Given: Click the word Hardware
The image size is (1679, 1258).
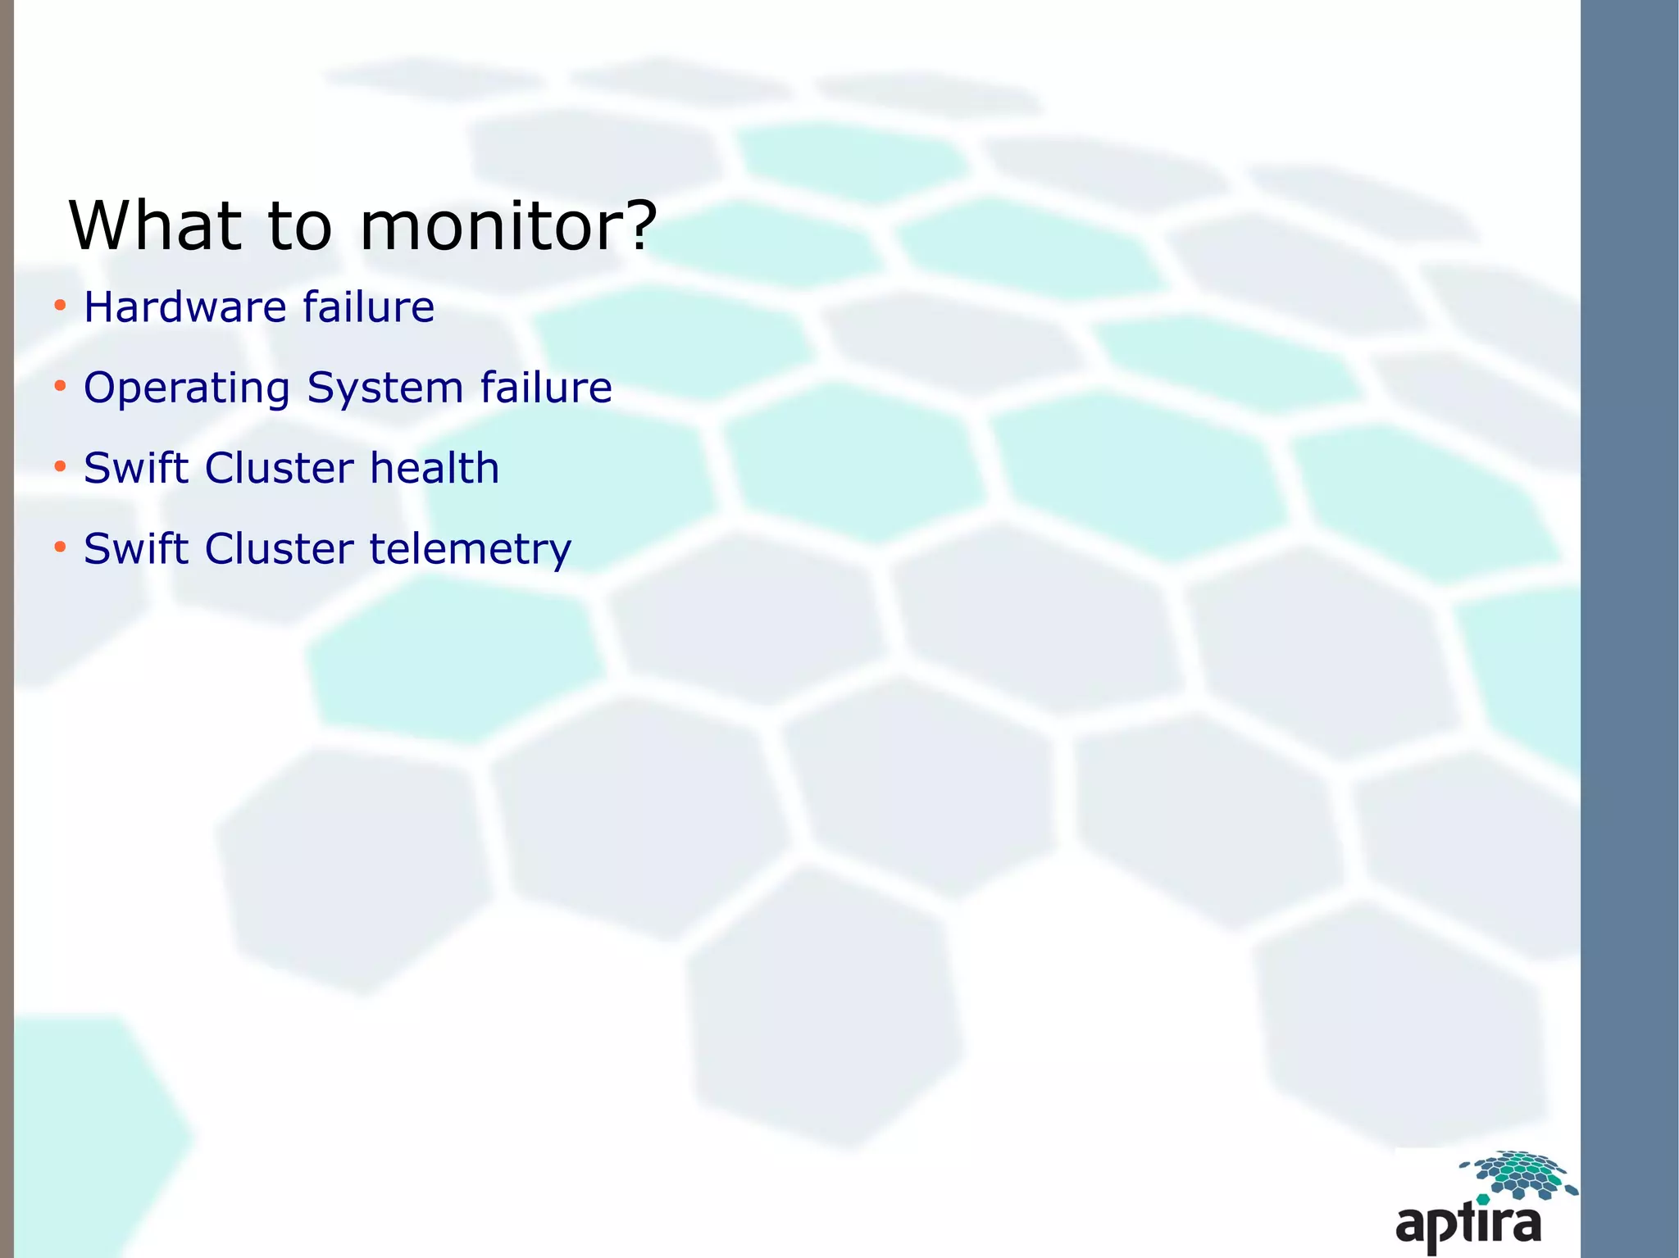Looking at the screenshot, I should pyautogui.click(x=185, y=307).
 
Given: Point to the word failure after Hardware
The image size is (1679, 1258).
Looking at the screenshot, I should pyautogui.click(x=368, y=307).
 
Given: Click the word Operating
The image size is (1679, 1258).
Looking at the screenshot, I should pyautogui.click(x=187, y=388).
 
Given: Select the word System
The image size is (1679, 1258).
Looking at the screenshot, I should pyautogui.click(x=385, y=388).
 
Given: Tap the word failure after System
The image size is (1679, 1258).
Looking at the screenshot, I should pyautogui.click(x=546, y=387).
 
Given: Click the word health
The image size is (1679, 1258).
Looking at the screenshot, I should pyautogui.click(x=435, y=468).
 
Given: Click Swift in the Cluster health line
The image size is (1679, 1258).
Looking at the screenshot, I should pyautogui.click(x=136, y=468).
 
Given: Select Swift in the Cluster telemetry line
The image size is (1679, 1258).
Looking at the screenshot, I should pyautogui.click(x=136, y=548).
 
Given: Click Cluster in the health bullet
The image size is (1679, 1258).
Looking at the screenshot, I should pyautogui.click(x=280, y=468).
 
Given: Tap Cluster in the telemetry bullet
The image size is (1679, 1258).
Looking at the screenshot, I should pyautogui.click(x=280, y=548).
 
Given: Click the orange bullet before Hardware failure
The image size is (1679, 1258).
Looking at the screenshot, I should pyautogui.click(x=60, y=307).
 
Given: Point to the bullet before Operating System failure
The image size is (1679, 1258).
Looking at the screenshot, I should pyautogui.click(x=60, y=387).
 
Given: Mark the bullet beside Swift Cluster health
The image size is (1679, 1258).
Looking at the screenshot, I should pyautogui.click(x=60, y=467).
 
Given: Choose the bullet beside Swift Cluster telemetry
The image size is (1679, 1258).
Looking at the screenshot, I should pyautogui.click(x=60, y=547).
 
